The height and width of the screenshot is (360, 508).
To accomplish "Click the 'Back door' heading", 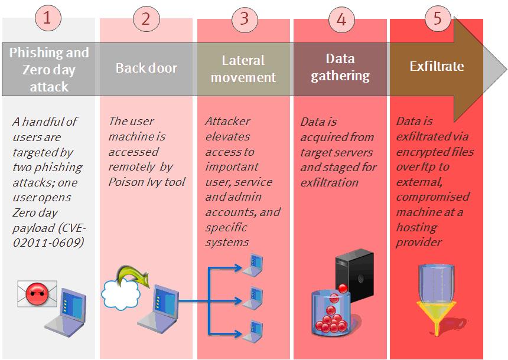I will click(146, 67).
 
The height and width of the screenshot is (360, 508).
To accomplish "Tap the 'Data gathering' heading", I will click(340, 67).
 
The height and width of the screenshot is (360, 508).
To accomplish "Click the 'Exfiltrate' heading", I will click(437, 67).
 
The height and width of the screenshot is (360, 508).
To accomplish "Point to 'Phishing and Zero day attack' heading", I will click(49, 69).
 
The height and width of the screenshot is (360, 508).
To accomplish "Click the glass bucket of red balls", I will click(331, 313).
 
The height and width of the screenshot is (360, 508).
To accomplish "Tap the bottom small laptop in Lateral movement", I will click(255, 329).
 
